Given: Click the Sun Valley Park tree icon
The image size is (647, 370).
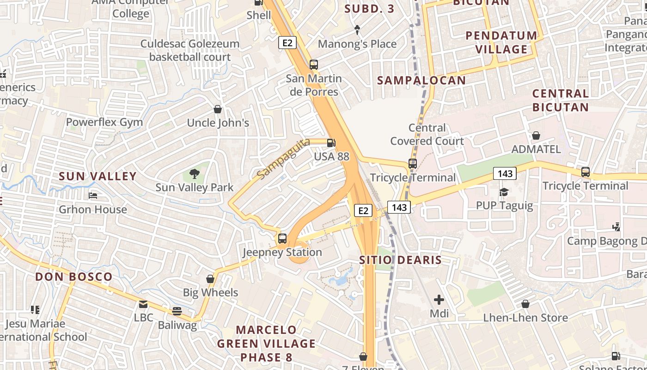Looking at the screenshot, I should pyautogui.click(x=195, y=174).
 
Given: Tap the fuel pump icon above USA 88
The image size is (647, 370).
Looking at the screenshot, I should pyautogui.click(x=331, y=143).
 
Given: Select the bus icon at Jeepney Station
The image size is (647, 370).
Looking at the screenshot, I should pyautogui.click(x=282, y=239).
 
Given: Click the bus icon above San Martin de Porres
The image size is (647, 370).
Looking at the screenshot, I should pyautogui.click(x=314, y=65).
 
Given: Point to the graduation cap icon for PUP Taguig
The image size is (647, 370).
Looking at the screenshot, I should pyautogui.click(x=504, y=191).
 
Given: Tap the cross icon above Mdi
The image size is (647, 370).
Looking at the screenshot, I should pyautogui.click(x=439, y=300).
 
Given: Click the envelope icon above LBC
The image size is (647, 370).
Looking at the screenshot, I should pyautogui.click(x=143, y=304).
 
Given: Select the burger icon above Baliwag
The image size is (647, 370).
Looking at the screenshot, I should pyautogui.click(x=177, y=311).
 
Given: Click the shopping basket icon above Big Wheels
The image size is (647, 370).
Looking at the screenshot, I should pyautogui.click(x=210, y=279).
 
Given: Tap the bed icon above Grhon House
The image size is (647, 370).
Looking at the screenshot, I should pyautogui.click(x=93, y=196).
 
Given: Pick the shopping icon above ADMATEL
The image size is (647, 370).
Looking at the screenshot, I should pyautogui.click(x=536, y=136).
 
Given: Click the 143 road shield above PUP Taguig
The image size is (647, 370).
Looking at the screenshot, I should pyautogui.click(x=505, y=173).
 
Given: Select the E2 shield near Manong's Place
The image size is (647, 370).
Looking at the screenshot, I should pyautogui.click(x=287, y=43).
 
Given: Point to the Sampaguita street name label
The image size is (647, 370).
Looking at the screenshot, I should pyautogui.click(x=283, y=159).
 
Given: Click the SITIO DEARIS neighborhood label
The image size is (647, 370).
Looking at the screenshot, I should pyautogui.click(x=401, y=260).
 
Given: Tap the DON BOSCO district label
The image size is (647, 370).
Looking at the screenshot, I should pyautogui.click(x=74, y=277).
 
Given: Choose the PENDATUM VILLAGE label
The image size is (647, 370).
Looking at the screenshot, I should pyautogui.click(x=501, y=42).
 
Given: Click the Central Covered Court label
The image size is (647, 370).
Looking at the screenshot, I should pyautogui.click(x=427, y=134).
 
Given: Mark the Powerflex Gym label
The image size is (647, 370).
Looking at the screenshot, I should pyautogui.click(x=104, y=122).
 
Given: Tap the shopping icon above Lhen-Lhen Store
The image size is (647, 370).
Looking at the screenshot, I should pyautogui.click(x=525, y=304).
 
